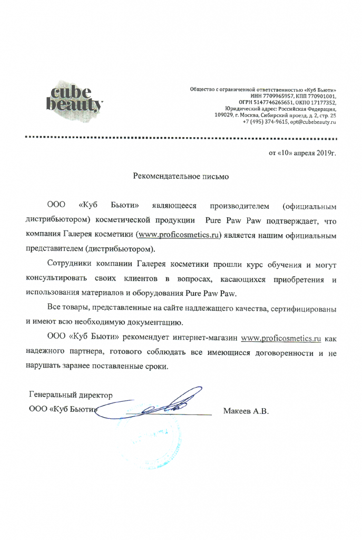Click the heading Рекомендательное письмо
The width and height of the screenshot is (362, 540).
point(180,177)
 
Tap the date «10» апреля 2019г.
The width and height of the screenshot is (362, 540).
point(302,153)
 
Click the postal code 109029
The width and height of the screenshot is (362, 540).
point(225,115)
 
